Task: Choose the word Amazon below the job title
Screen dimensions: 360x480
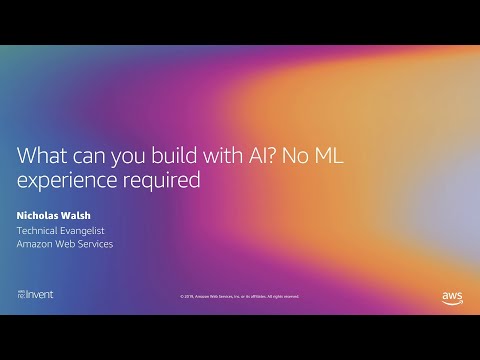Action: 39,244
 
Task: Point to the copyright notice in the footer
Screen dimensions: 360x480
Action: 239,296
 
